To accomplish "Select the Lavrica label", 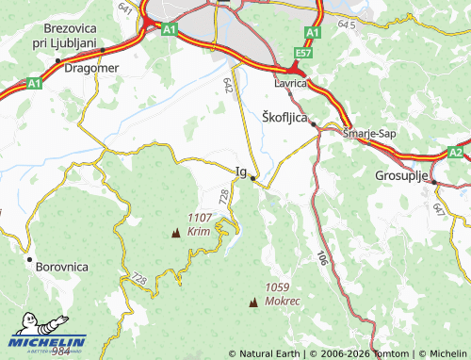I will (291, 84).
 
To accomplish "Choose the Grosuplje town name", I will (402, 176).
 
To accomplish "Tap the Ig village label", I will (240, 172).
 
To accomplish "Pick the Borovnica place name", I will (61, 267).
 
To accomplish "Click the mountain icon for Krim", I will (176, 231).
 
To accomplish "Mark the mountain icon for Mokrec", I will (252, 302).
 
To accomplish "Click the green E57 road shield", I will (302, 53).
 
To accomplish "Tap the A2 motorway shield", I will (455, 152).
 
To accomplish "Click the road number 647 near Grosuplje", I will (439, 206).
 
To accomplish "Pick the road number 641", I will (127, 8).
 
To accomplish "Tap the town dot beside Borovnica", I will (30, 259).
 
